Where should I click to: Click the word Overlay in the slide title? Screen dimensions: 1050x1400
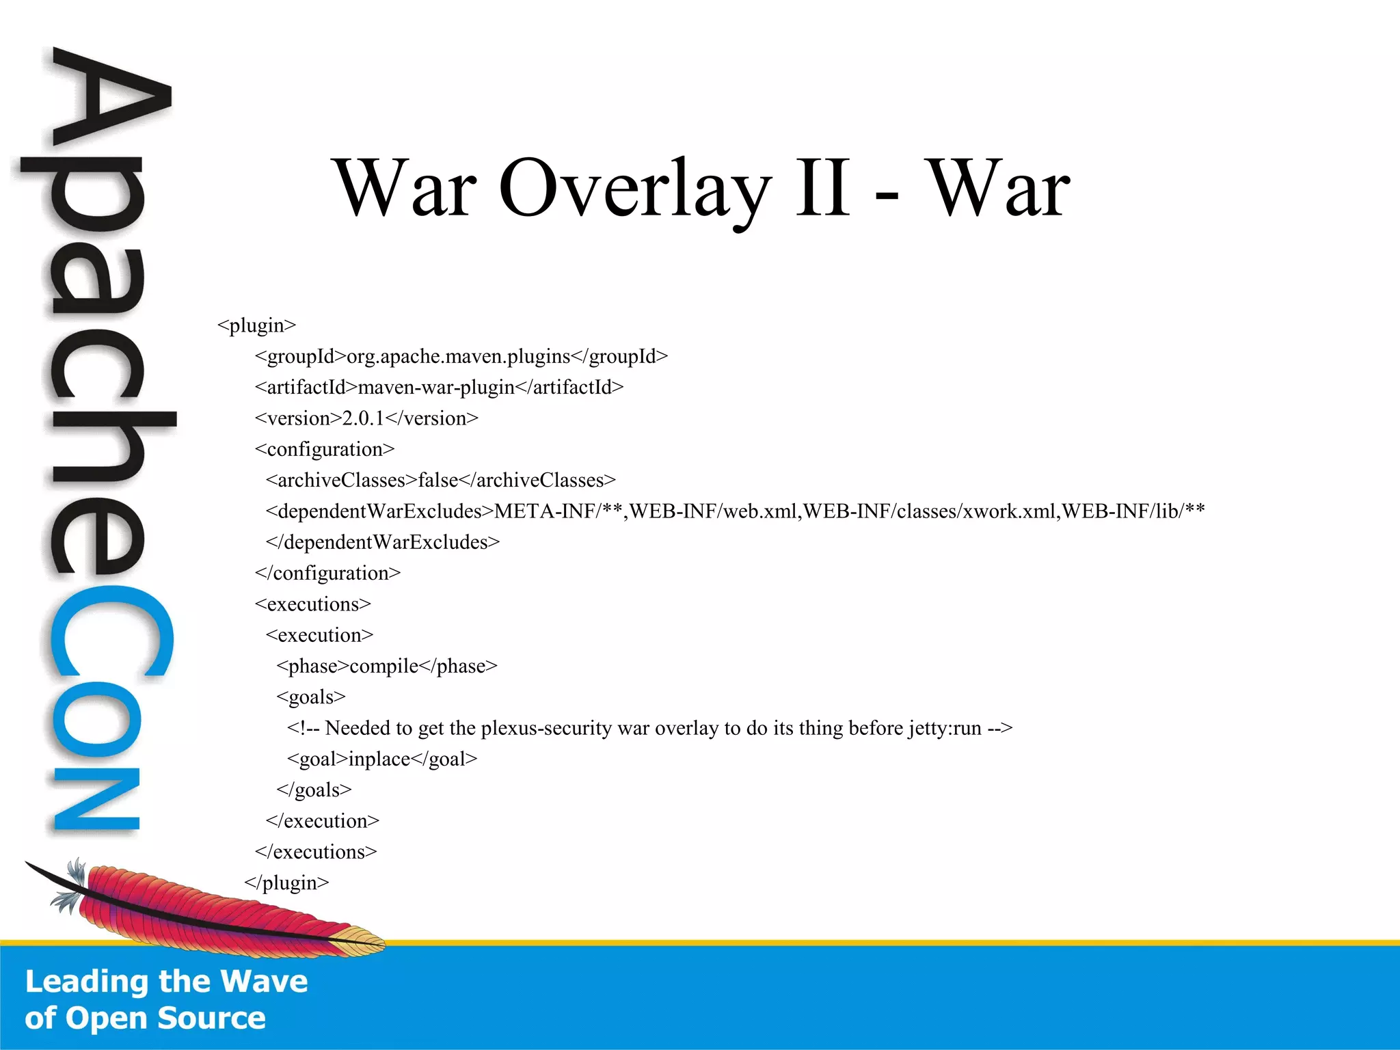point(635,187)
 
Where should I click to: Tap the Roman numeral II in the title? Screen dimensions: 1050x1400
point(823,187)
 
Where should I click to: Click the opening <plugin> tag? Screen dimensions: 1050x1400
point(256,325)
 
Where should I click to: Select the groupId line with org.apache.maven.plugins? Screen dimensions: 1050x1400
point(461,356)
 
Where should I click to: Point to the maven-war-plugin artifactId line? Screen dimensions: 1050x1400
point(439,388)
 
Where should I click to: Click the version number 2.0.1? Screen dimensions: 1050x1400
point(363,418)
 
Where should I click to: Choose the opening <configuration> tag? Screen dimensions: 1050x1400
point(325,449)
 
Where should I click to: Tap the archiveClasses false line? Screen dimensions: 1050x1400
point(440,481)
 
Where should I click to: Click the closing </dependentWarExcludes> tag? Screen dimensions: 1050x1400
point(383,542)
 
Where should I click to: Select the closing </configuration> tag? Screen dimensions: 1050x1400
point(327,573)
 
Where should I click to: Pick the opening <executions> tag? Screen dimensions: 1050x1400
point(312,604)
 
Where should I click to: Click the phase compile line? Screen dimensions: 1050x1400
point(386,666)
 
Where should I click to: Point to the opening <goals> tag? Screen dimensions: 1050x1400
point(311,697)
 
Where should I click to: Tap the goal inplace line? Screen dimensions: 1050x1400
point(381,759)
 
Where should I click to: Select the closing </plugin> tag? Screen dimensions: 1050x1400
point(286,883)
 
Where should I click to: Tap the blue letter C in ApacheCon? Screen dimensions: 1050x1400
point(109,632)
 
